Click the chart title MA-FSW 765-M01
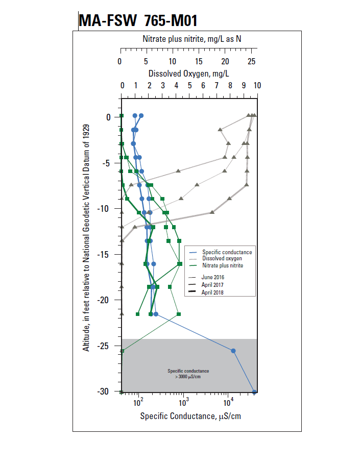point(137,21)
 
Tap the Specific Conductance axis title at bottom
point(190,416)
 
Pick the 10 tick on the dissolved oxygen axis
point(257,85)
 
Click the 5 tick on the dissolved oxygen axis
point(189,85)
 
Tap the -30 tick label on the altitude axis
point(104,391)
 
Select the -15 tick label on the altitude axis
point(104,254)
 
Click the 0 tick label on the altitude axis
point(108,117)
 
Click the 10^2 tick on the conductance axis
point(138,401)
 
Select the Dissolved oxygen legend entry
point(222,259)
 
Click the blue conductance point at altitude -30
point(254,392)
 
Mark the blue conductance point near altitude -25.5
point(233,351)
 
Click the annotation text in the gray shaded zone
point(188,373)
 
